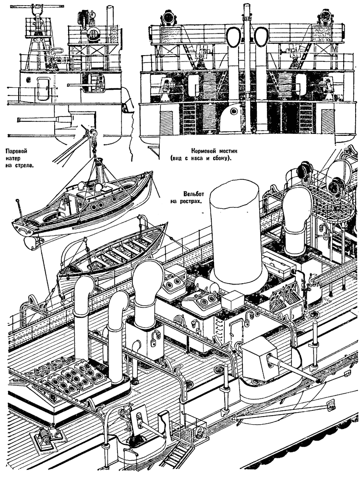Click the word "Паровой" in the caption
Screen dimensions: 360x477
(x=17, y=151)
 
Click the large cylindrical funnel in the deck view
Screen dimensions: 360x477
(x=237, y=234)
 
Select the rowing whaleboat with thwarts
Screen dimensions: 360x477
(x=113, y=252)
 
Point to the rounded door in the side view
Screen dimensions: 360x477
(x=43, y=88)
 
